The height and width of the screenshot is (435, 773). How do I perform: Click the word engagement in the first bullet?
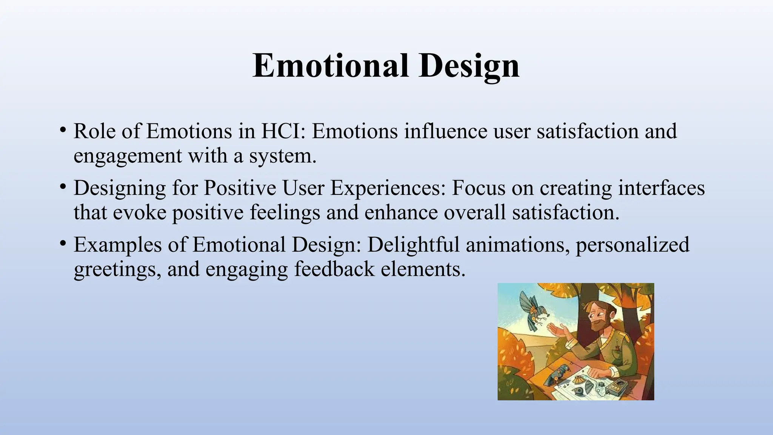128,156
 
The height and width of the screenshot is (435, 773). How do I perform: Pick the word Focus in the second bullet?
478,188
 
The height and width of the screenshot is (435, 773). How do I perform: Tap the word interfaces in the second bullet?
661,188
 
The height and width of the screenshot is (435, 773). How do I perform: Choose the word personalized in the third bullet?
632,245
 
